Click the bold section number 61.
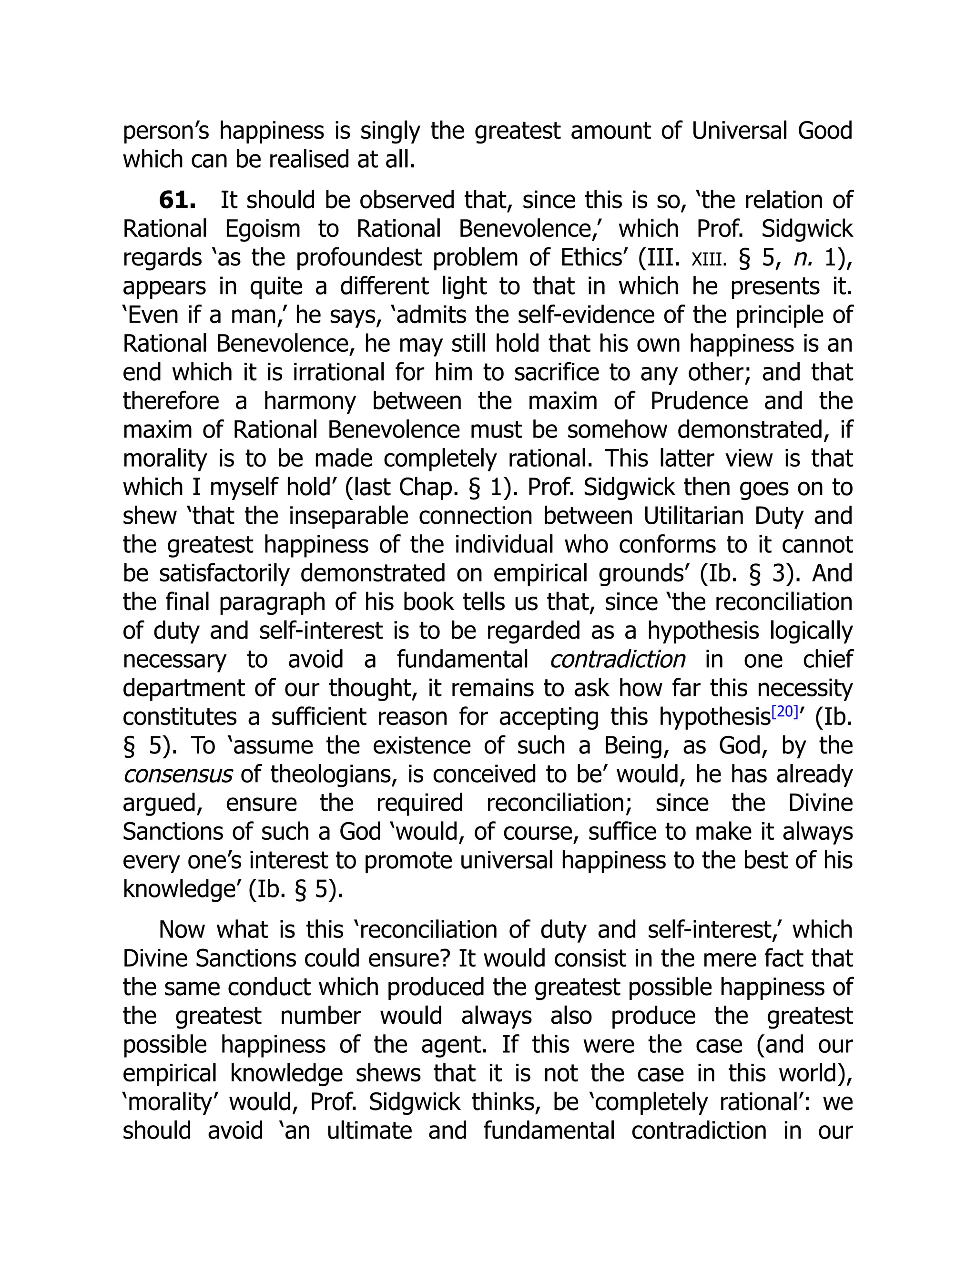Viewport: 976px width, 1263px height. click(177, 201)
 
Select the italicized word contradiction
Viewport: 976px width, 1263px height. click(617, 659)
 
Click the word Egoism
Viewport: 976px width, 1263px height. click(263, 229)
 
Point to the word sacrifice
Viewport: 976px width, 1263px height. click(556, 372)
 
